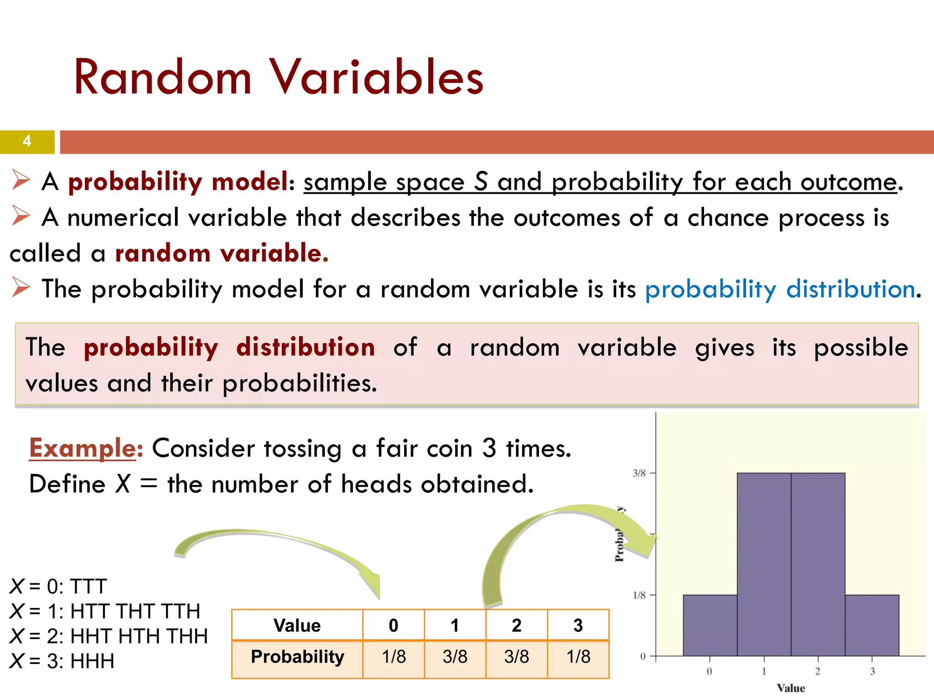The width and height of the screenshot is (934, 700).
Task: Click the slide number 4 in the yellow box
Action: click(27, 141)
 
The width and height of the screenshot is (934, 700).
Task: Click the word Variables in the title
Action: click(376, 77)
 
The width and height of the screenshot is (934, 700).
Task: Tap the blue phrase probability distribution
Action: click(780, 289)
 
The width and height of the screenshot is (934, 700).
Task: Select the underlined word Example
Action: click(83, 448)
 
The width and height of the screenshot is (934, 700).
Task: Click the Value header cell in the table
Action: click(297, 625)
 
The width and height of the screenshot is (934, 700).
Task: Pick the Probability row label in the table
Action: click(297, 657)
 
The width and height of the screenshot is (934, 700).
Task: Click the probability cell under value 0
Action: click(394, 657)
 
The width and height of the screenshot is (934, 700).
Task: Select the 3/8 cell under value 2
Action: click(516, 657)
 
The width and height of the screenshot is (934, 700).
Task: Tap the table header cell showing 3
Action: click(578, 625)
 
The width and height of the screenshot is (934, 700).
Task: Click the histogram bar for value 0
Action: click(710, 625)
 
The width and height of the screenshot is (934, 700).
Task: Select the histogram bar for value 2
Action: click(818, 565)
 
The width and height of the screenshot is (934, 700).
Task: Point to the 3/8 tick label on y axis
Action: click(639, 474)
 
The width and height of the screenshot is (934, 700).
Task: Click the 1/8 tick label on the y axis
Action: click(639, 595)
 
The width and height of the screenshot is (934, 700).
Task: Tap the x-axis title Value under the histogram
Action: click(791, 688)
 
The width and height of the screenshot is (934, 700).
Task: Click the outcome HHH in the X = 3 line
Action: click(92, 661)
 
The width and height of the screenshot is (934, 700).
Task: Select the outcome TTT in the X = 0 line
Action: click(88, 587)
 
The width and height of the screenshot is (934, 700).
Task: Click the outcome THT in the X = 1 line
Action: click(135, 612)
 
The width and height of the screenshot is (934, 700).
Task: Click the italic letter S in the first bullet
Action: click(481, 182)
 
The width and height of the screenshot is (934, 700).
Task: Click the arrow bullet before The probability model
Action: click(21, 288)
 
